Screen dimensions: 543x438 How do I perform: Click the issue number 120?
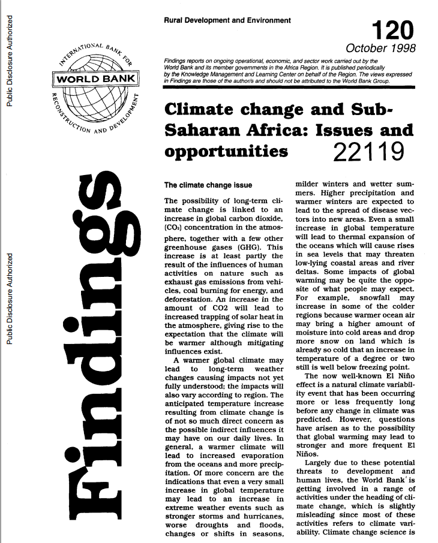[x=392, y=29]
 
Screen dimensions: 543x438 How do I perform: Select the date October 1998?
[x=380, y=49]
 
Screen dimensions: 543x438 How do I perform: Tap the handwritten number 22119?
[x=367, y=150]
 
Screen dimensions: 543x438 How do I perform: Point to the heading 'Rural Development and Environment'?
[x=227, y=20]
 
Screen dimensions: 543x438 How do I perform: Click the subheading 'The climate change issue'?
[x=208, y=185]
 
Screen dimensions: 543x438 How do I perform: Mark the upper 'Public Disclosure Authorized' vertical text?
[x=8, y=55]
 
